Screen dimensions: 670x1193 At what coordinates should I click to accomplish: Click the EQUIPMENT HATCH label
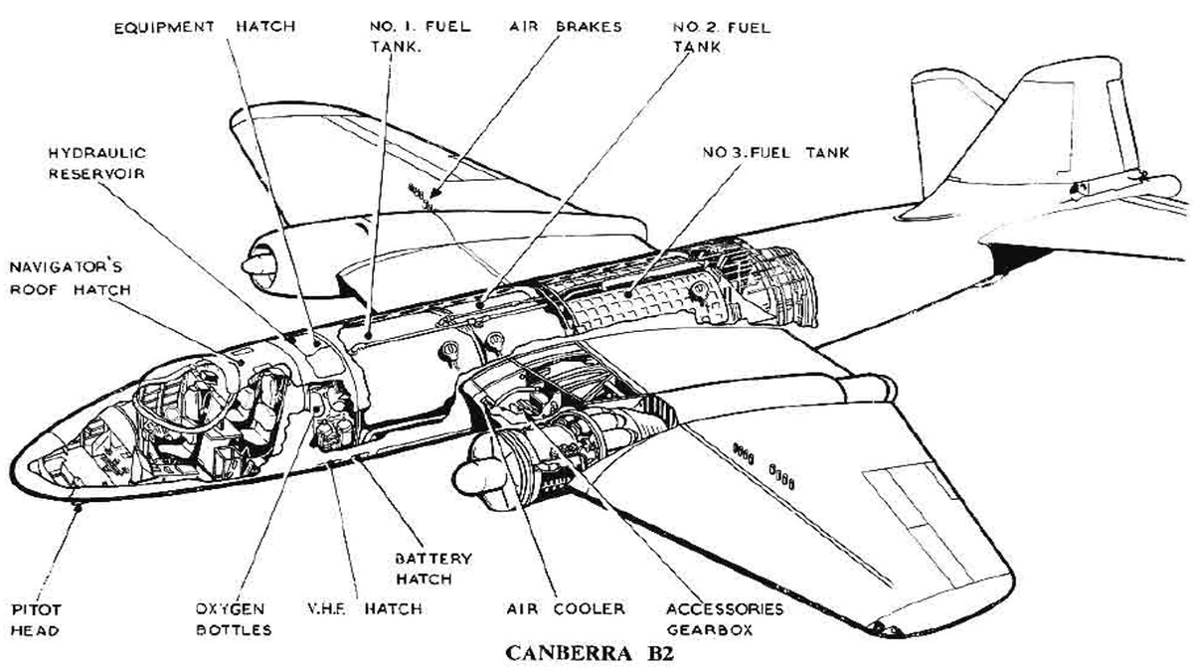click(x=203, y=27)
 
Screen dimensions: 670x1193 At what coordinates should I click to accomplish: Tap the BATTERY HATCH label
click(x=434, y=569)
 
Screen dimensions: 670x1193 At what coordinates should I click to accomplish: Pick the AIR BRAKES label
click(x=558, y=27)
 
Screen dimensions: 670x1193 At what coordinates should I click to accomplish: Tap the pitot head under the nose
click(x=80, y=506)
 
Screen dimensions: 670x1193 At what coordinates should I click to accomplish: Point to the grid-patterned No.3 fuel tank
click(x=636, y=298)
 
